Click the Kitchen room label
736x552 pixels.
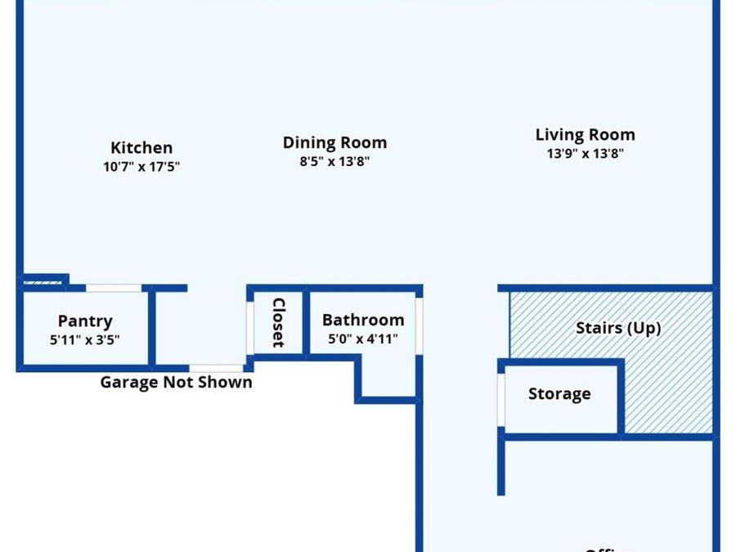point(141,148)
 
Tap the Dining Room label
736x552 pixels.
point(334,142)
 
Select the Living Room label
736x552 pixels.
point(585,135)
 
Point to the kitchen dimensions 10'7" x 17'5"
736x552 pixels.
point(141,167)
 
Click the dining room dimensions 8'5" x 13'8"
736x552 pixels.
point(334,161)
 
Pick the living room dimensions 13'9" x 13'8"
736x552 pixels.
point(585,153)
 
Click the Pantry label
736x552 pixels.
point(85,321)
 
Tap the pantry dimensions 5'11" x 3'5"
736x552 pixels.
point(85,339)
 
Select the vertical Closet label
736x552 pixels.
point(278,322)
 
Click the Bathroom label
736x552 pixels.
point(362,320)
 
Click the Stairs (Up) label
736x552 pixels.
point(618,328)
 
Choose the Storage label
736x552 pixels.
point(559,394)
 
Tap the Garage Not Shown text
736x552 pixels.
point(176,382)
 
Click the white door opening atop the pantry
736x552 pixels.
point(114,288)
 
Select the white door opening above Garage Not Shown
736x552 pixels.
point(217,369)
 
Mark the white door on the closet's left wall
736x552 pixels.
point(250,327)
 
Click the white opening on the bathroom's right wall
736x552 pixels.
point(419,325)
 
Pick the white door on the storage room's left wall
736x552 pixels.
point(501,402)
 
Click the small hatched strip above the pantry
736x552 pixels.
point(42,282)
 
